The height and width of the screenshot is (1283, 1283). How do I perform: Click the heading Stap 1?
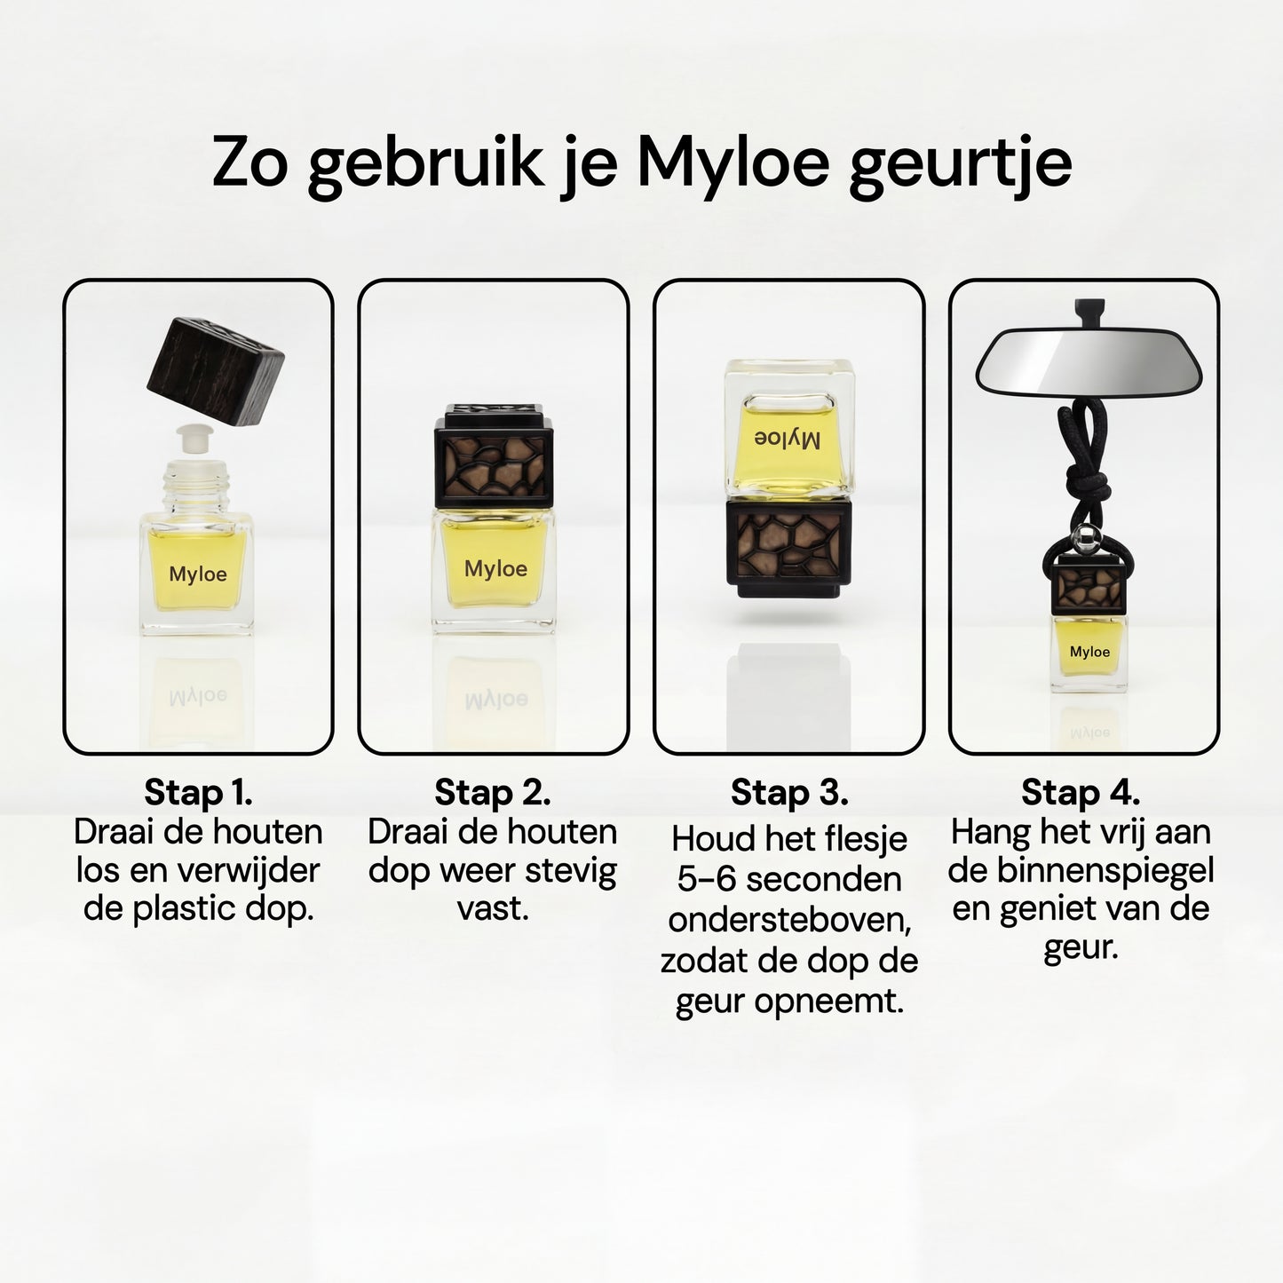[x=198, y=793]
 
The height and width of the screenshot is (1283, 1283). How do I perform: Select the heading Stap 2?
[x=493, y=793]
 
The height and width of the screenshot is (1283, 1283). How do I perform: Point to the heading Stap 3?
[x=789, y=793]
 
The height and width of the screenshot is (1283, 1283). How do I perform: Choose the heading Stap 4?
[x=1081, y=793]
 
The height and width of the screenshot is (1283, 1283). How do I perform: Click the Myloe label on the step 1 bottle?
[x=198, y=574]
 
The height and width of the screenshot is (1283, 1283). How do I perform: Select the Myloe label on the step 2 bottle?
[x=496, y=568]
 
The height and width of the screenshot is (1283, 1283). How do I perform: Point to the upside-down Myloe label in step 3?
[x=787, y=440]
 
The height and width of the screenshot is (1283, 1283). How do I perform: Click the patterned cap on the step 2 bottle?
[x=494, y=456]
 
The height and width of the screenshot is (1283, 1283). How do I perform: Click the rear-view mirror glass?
[x=1089, y=360]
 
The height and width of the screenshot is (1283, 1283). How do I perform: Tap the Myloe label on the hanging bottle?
[x=1090, y=652]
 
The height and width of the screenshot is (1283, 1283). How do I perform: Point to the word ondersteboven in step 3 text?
[x=789, y=921]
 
